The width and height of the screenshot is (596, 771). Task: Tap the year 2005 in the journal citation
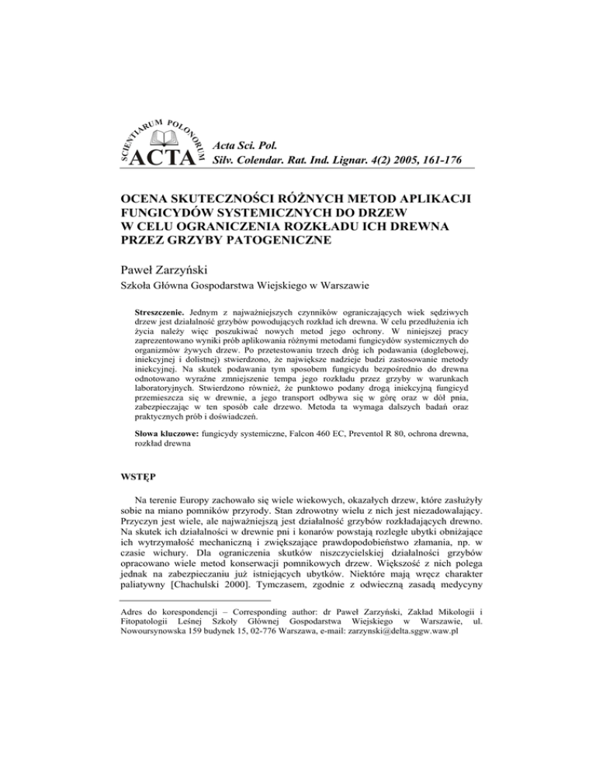376,161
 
